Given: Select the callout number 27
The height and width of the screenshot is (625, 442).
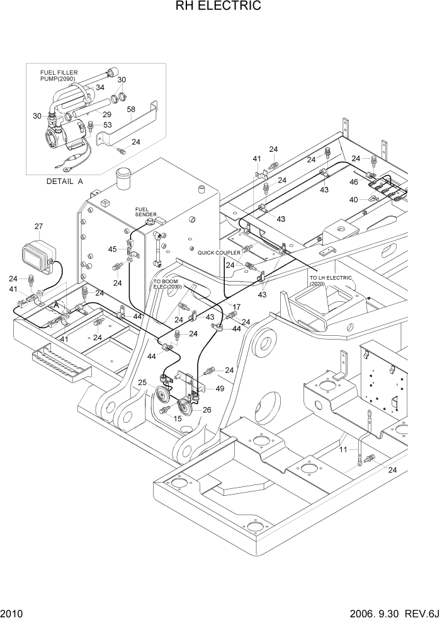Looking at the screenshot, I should (x=38, y=226).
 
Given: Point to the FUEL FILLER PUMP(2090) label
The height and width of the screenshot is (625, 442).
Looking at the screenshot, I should (x=59, y=76).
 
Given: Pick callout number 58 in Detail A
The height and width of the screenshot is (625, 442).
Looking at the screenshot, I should (x=132, y=110).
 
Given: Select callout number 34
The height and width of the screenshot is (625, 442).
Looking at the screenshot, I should (x=99, y=88).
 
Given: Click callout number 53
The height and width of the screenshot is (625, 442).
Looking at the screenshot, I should (x=107, y=125).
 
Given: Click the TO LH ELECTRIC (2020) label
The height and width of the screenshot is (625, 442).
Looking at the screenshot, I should (x=331, y=280).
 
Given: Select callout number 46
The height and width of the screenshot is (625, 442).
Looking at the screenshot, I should (x=354, y=181).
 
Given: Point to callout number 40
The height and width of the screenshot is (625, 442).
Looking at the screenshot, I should (x=354, y=200).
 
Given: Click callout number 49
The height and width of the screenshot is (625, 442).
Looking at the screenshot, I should (x=220, y=389).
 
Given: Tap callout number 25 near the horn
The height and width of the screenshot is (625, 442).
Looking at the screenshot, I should (x=142, y=382).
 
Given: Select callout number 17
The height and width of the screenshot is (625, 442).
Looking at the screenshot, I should (x=236, y=307).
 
